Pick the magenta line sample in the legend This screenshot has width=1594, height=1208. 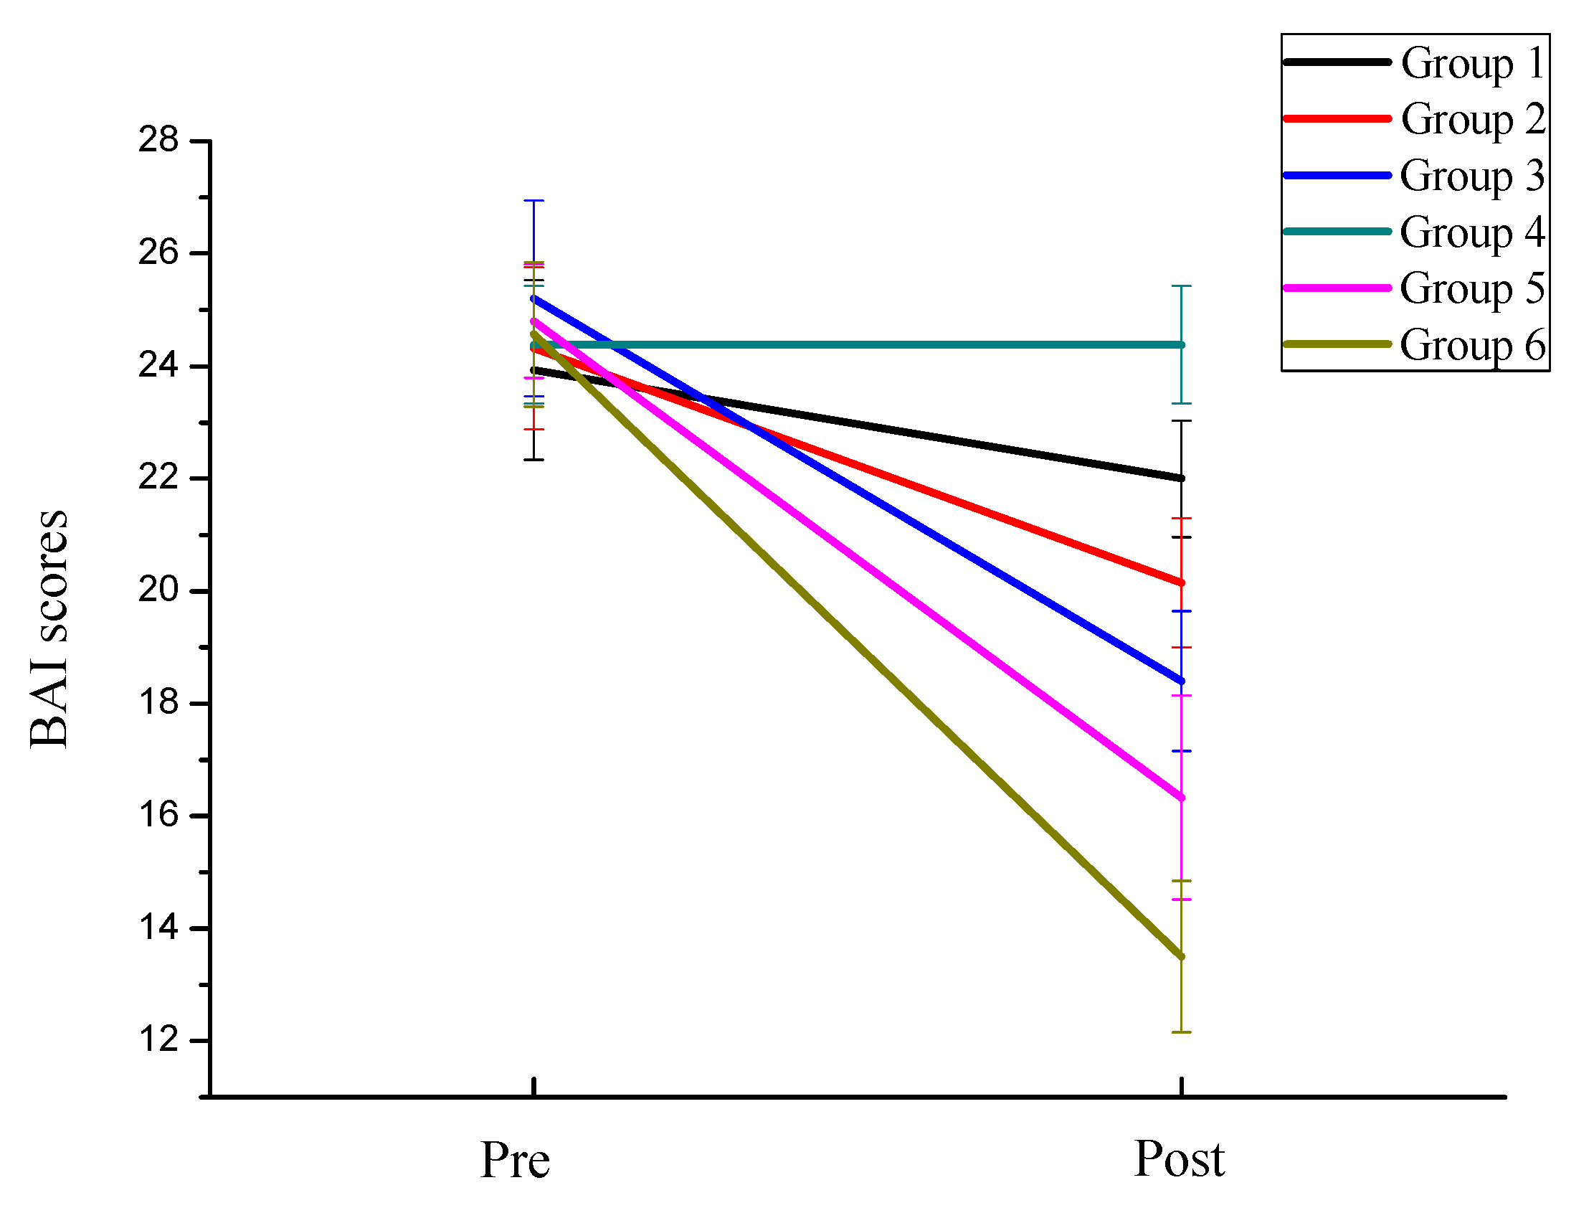1337,288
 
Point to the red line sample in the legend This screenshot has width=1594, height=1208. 1337,118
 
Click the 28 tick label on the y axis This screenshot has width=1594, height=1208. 158,140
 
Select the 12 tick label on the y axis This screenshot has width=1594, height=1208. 158,1039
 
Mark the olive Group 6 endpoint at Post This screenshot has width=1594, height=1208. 1181,956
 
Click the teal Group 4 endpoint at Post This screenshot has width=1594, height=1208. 1181,344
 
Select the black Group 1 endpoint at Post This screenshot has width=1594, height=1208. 1181,478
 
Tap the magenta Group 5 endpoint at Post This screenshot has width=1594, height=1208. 1181,797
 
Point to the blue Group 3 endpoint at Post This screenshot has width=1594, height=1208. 1181,681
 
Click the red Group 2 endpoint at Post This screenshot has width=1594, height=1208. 1181,582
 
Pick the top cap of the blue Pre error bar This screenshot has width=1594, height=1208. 533,200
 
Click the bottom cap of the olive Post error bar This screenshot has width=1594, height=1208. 1181,1032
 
